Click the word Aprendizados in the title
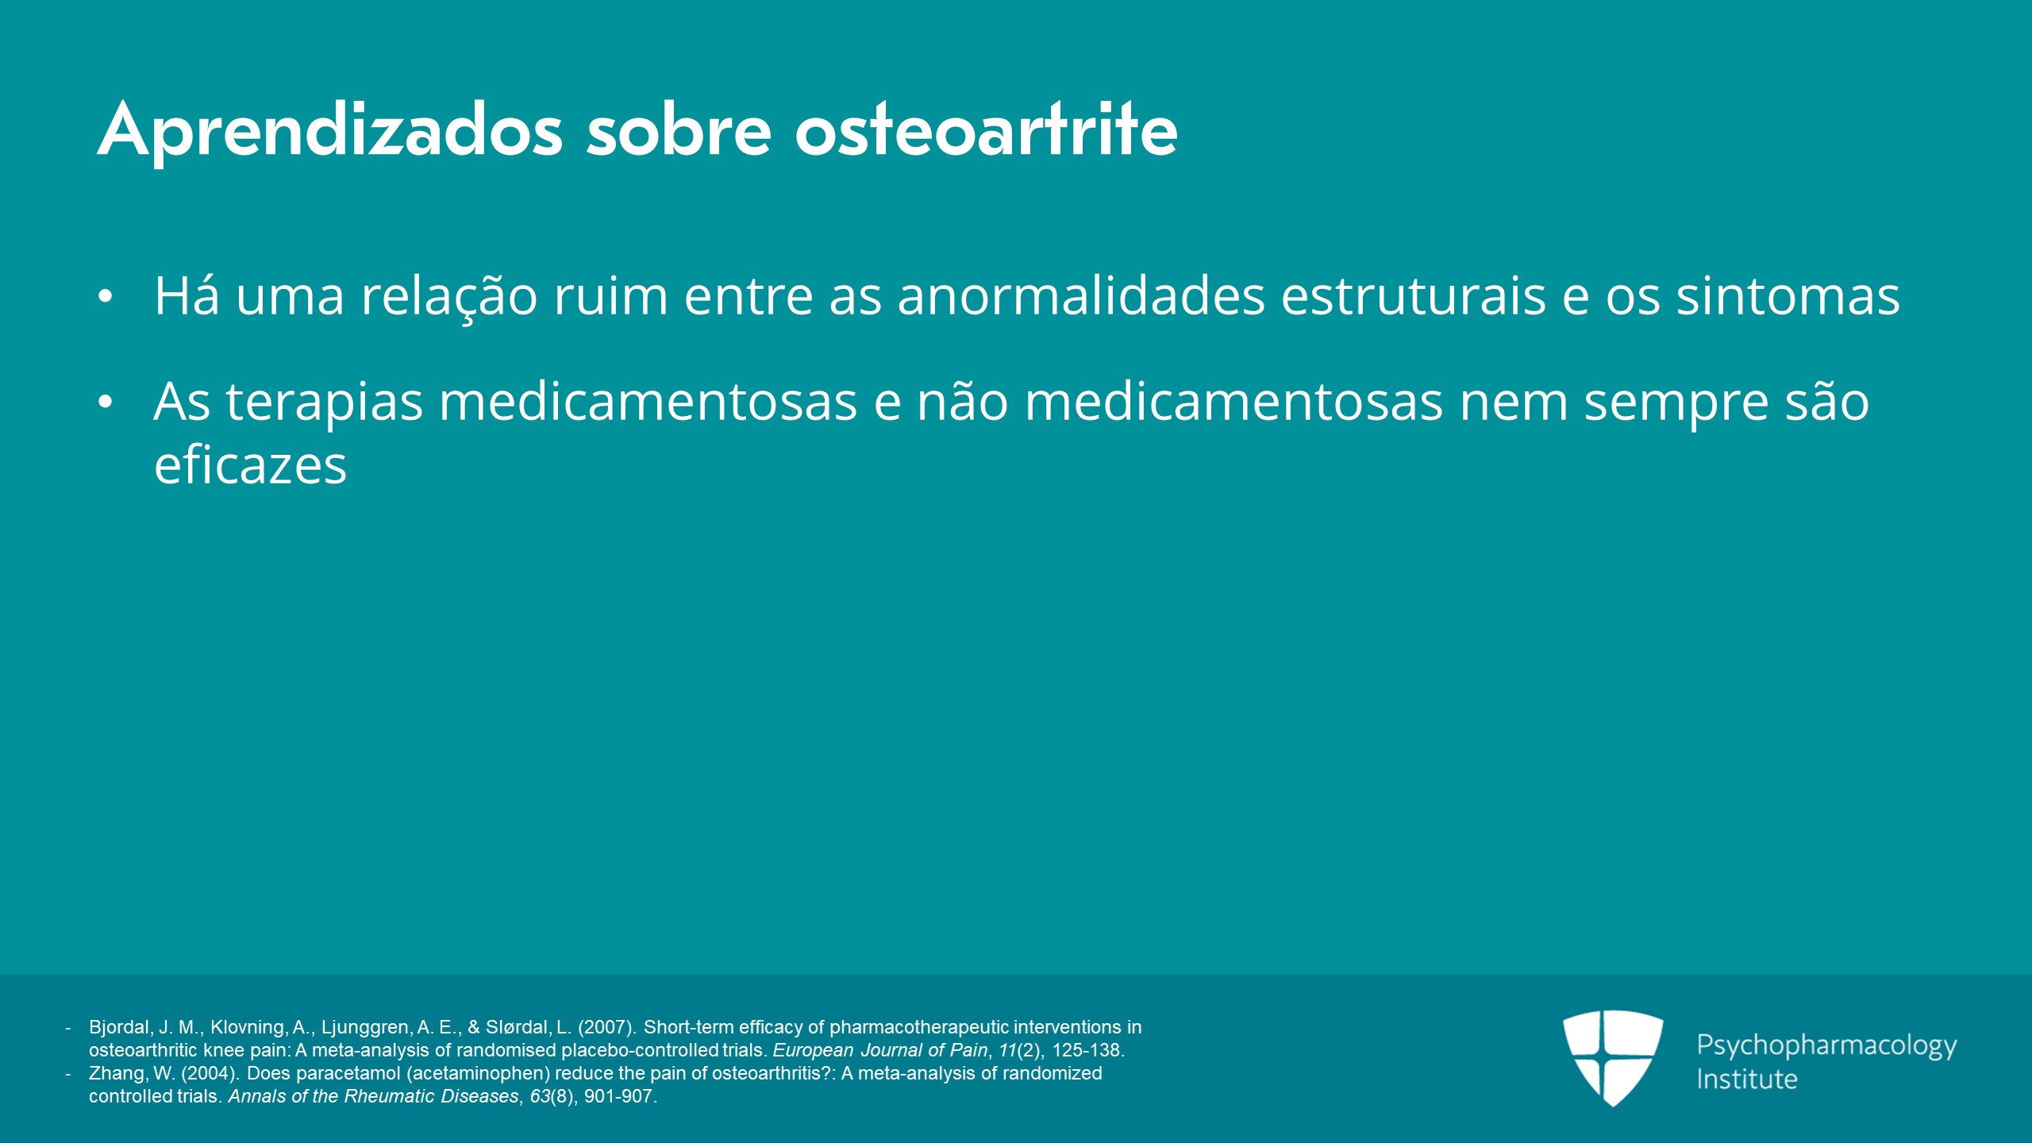coord(330,132)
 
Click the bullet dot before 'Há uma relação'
coord(106,296)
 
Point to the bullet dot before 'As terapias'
coord(106,402)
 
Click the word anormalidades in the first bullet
coord(1081,295)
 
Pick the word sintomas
coord(1788,295)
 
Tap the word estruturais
coord(1414,295)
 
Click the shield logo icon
coord(1613,1058)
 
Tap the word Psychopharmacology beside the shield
coord(1826,1046)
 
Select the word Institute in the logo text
coord(1746,1079)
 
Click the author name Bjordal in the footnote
coord(120,1027)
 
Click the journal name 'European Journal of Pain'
coord(880,1050)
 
